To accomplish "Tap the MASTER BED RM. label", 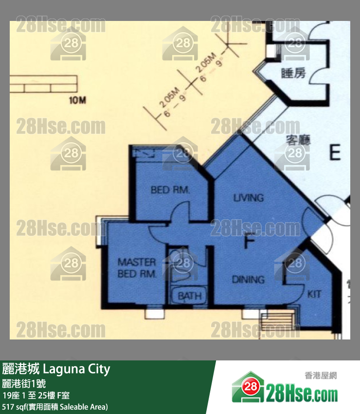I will [137, 268].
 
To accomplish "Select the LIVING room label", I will [248, 198].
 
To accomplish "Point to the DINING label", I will [248, 280].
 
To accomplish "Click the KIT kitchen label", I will [314, 294].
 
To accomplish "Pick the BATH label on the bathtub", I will [189, 296].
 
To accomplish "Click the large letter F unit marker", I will [249, 241].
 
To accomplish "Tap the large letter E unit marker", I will [335, 153].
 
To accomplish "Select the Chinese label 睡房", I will [294, 74].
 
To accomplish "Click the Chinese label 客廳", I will [298, 141].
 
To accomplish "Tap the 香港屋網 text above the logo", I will [321, 375].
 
